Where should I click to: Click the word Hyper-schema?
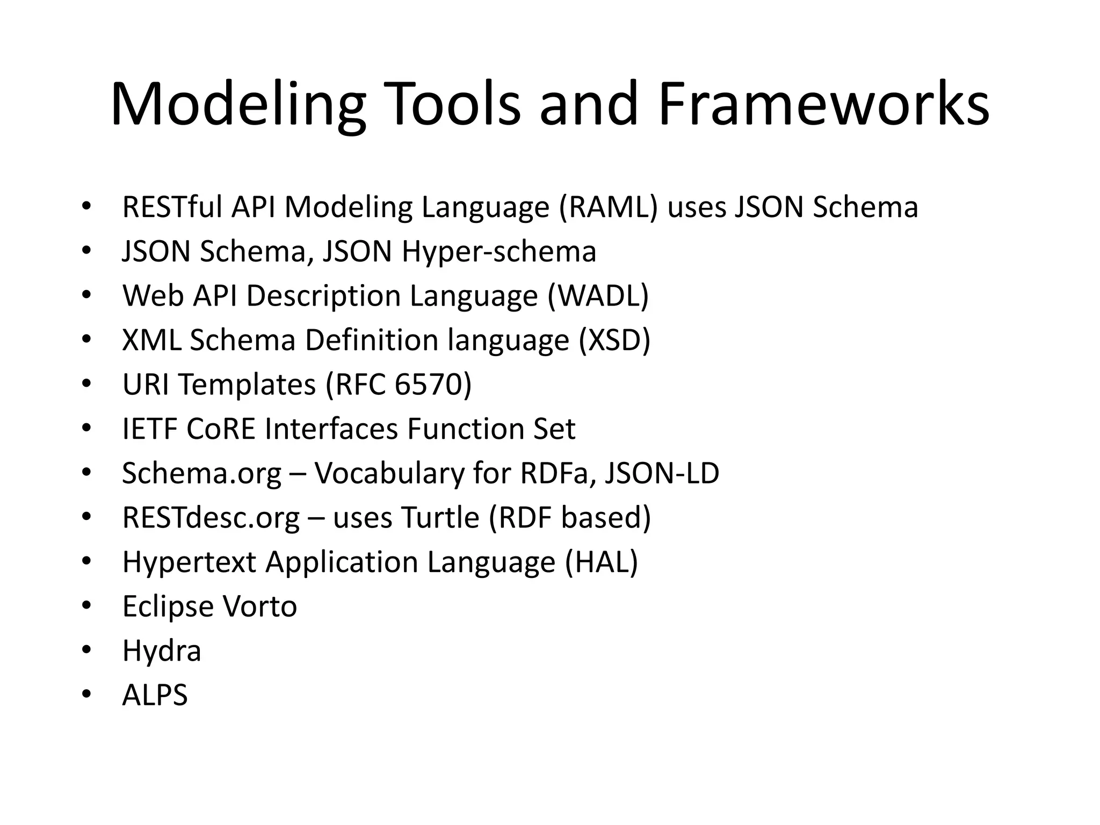point(499,251)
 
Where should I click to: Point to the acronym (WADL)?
point(598,296)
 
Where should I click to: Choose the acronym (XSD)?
point(614,341)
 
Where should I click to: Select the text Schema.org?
point(201,474)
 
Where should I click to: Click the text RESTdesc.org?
point(211,518)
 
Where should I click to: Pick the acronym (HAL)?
point(602,562)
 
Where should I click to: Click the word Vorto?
point(259,607)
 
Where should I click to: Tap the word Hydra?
point(162,651)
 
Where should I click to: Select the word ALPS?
point(155,695)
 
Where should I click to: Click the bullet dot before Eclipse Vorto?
point(86,606)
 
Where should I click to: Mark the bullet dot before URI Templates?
point(86,385)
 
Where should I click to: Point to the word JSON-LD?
point(662,474)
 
